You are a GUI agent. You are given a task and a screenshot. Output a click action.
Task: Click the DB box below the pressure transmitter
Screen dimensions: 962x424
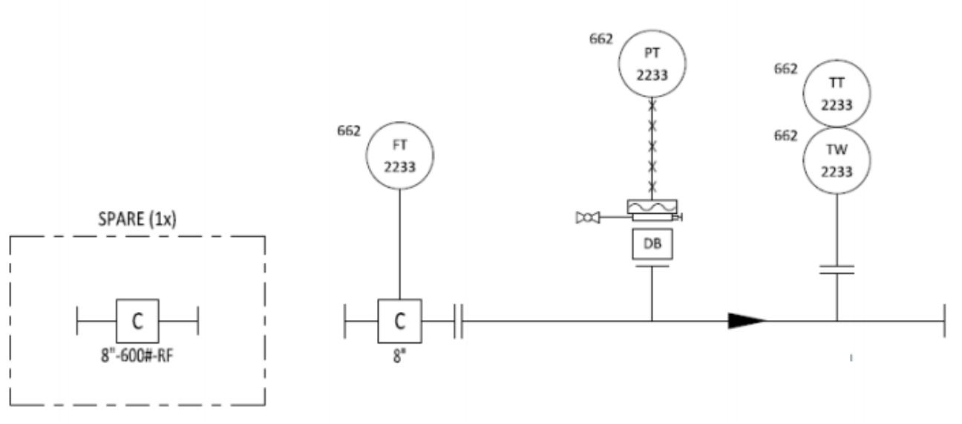click(652, 244)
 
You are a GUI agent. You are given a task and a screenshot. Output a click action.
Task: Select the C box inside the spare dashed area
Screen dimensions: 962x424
click(137, 321)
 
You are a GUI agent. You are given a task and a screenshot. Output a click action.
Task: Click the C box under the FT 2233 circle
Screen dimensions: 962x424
click(400, 321)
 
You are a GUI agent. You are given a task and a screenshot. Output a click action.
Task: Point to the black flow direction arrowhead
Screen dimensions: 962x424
click(747, 321)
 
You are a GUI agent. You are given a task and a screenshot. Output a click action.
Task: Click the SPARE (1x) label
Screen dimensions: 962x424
click(137, 219)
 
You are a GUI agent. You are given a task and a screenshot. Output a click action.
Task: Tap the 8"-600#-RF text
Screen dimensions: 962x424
click(137, 356)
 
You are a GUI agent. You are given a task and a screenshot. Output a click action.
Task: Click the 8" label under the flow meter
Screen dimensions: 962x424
click(399, 356)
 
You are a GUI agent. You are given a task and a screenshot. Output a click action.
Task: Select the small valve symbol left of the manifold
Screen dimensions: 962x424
click(587, 218)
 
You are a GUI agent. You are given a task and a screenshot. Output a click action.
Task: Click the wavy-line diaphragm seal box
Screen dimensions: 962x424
click(652, 206)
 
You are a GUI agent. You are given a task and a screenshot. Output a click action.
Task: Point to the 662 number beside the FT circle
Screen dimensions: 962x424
click(349, 131)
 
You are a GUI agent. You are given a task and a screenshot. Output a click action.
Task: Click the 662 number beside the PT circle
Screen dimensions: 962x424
click(601, 39)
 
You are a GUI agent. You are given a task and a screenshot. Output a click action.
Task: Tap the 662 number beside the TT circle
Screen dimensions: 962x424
click(785, 69)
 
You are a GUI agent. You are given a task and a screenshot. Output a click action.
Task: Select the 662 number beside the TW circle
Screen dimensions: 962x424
click(785, 136)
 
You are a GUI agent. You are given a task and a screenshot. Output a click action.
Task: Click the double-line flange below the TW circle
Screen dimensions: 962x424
click(837, 270)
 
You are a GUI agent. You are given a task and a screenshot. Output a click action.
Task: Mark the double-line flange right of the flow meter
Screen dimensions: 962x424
click(458, 322)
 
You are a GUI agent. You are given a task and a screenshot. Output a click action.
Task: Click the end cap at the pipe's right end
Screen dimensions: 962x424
click(944, 321)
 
